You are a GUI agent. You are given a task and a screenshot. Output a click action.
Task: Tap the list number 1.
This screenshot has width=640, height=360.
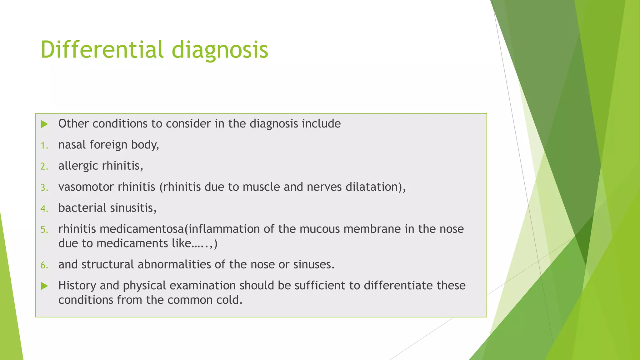coord(44,146)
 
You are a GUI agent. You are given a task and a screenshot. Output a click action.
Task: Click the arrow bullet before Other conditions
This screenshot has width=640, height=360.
coord(45,124)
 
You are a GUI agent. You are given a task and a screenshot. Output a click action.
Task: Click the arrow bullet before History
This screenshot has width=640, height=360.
coord(45,286)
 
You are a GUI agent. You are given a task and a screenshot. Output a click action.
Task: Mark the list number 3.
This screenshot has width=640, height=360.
coord(44,188)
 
